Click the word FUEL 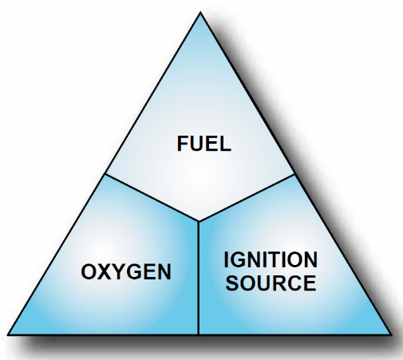204,144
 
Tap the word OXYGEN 126,271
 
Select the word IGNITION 271,259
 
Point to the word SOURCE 271,283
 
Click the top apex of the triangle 200,12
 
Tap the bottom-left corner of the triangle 8,334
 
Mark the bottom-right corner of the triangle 392,334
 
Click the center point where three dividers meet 199,221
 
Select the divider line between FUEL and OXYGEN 152,198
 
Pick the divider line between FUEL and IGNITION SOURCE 247,198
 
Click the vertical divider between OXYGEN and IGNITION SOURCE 199,278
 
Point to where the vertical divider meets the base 199,334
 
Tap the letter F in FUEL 183,144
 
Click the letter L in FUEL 226,144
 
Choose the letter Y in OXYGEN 118,271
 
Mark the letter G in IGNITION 238,259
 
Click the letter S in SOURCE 231,283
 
